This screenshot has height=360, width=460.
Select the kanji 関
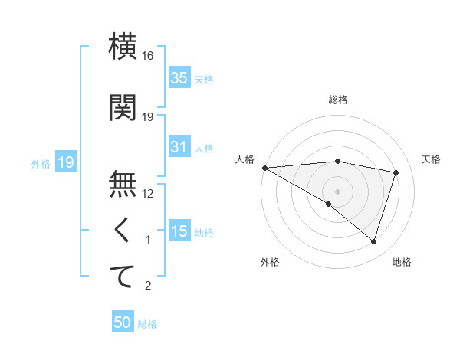123,108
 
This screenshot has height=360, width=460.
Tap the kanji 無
123,185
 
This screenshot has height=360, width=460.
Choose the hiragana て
123,277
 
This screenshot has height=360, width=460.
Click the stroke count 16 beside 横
148,57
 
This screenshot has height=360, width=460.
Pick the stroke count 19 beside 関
148,117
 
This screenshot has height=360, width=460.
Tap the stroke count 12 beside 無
148,194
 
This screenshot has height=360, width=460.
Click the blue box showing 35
179,78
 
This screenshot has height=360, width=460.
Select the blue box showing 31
179,147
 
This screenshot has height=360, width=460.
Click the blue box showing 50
123,322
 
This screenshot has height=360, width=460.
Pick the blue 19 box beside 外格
65,162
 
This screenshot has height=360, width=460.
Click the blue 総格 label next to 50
147,324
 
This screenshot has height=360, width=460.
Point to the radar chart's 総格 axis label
337,100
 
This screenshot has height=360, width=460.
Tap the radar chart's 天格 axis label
431,159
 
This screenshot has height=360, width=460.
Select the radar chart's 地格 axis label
402,262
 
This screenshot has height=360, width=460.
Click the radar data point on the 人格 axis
264,168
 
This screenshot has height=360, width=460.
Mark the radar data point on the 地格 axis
373,241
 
